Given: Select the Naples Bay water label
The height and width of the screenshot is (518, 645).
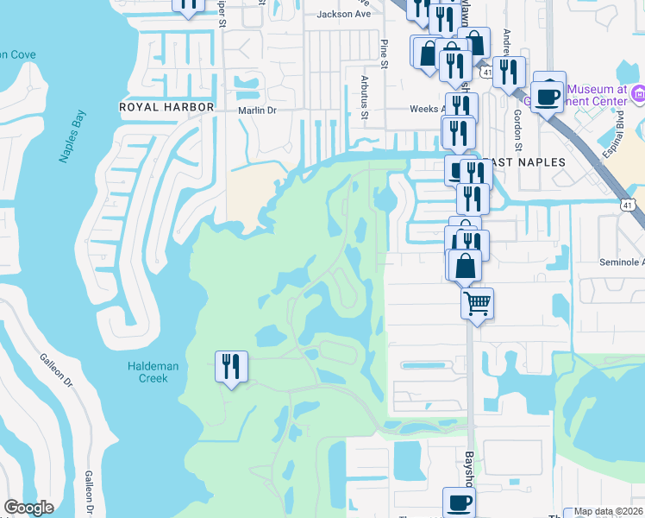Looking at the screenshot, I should pos(73,136).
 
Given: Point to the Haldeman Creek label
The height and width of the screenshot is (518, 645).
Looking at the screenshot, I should pos(153,372).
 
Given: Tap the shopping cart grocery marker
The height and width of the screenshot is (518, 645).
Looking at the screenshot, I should pos(477,303).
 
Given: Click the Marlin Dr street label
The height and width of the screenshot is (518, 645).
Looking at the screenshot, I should pos(257,111).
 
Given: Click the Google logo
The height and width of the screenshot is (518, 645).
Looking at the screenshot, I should pos(28,508).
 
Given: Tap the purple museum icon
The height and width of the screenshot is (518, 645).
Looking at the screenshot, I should pos(638,92).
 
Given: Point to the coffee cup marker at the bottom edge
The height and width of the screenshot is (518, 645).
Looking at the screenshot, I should pos(459,502).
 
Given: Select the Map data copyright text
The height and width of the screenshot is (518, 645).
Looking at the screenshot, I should pos(608,511).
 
